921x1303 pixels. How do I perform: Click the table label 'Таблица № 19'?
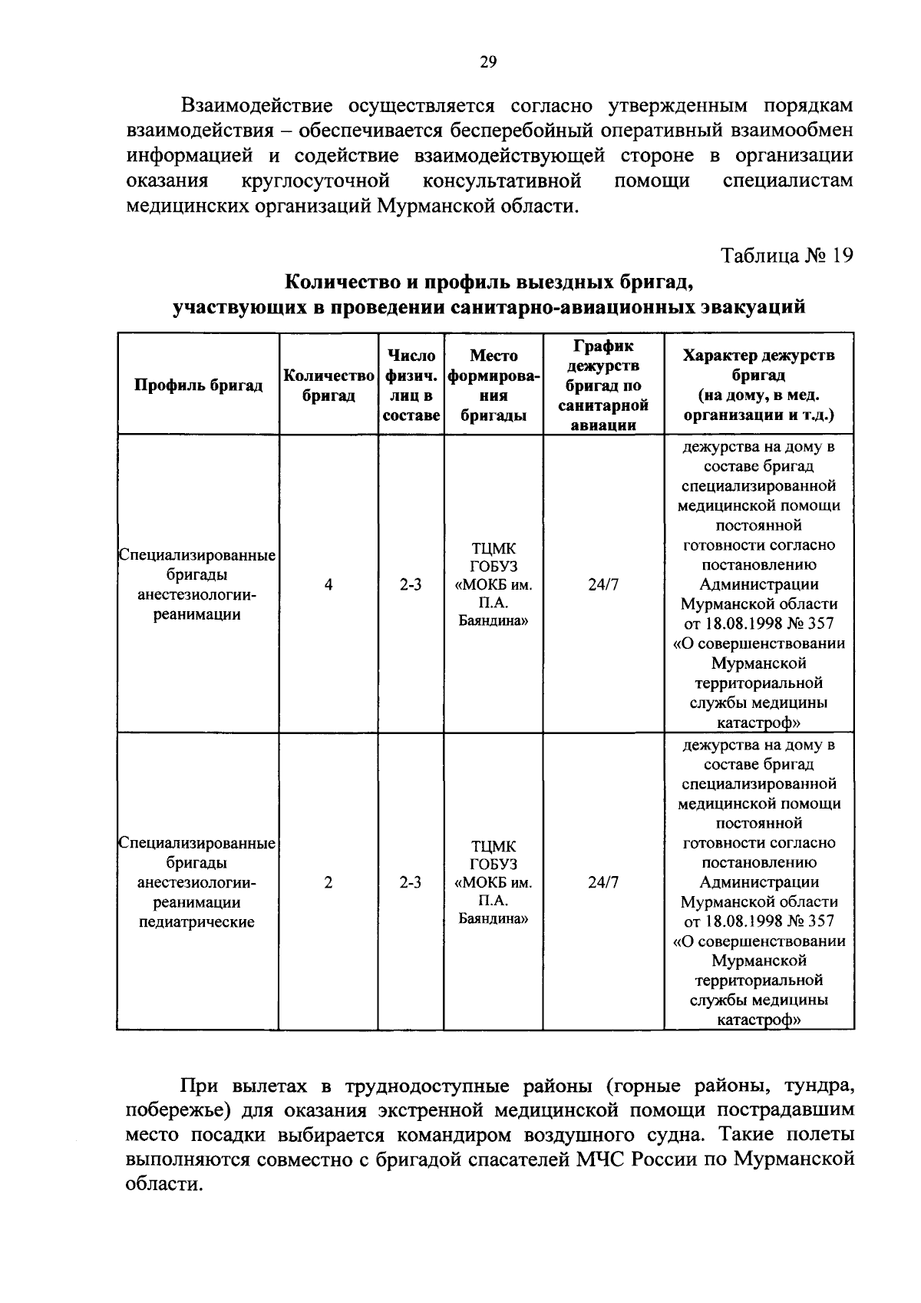point(786,255)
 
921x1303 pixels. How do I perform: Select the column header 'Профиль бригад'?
point(198,385)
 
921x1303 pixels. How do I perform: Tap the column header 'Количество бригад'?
point(328,385)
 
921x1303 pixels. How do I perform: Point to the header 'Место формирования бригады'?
point(494,385)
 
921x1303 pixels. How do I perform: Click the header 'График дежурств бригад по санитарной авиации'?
point(603,385)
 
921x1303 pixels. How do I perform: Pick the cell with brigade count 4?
point(328,585)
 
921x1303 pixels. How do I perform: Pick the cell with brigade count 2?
point(328,883)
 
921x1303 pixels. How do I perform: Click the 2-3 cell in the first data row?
point(411,585)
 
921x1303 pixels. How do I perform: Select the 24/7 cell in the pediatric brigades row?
point(603,883)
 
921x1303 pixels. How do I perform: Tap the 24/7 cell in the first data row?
point(603,585)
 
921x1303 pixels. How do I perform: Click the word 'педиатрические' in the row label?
point(196,922)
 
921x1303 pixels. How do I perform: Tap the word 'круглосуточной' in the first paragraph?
point(315,180)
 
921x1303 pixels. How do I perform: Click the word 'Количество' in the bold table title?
point(341,282)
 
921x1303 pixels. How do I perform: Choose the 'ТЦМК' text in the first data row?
point(494,549)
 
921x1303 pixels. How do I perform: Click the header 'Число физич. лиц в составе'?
point(411,385)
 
